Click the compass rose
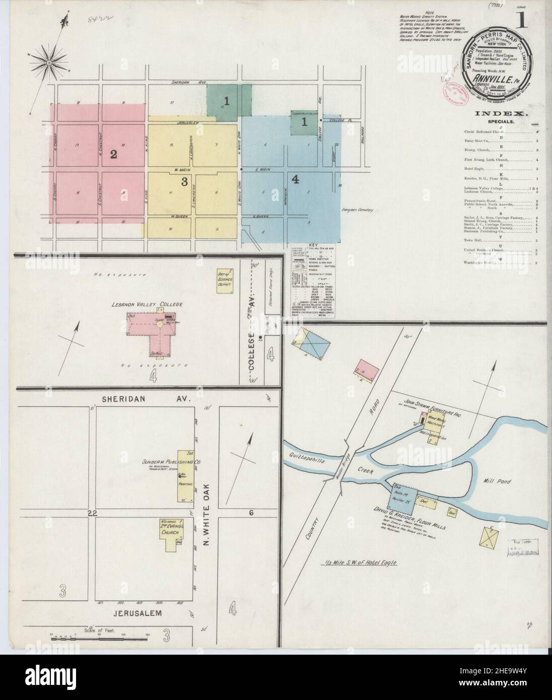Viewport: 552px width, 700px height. [50, 62]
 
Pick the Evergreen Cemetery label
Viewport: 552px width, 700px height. [355, 209]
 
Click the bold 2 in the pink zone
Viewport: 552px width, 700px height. [114, 154]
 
